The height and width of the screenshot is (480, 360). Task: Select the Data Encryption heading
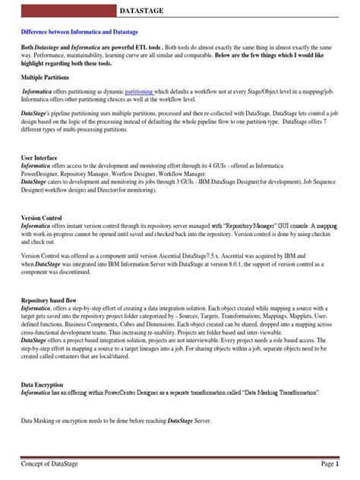[42, 385]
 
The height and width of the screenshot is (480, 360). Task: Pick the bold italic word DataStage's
[36, 111]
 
